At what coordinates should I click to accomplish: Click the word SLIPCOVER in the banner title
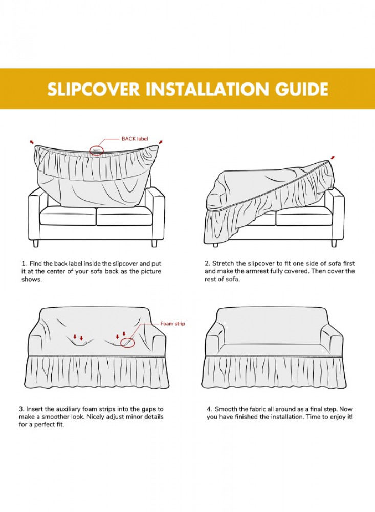pos(94,89)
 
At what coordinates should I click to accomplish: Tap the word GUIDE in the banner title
pos(301,89)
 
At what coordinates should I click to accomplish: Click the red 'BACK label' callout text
pos(135,139)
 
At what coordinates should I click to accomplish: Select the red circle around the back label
pos(97,151)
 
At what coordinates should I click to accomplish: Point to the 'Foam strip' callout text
pos(172,323)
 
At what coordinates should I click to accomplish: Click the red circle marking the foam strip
pos(127,343)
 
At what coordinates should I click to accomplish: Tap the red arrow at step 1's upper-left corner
pos(32,142)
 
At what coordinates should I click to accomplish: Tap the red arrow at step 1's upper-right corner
pos(160,142)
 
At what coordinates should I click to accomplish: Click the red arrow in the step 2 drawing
pos(332,158)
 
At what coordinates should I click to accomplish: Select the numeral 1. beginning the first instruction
pos(24,263)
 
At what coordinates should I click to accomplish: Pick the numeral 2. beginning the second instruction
pos(207,263)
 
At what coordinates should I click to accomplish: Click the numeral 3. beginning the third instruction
pos(21,409)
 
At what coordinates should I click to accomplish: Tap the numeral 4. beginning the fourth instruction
pos(209,409)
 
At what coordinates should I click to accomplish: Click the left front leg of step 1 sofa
pos(36,243)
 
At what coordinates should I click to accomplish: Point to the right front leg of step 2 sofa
pos(334,243)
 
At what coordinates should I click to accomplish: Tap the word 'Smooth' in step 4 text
pos(226,409)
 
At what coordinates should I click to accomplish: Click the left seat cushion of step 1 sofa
pos(68,216)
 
